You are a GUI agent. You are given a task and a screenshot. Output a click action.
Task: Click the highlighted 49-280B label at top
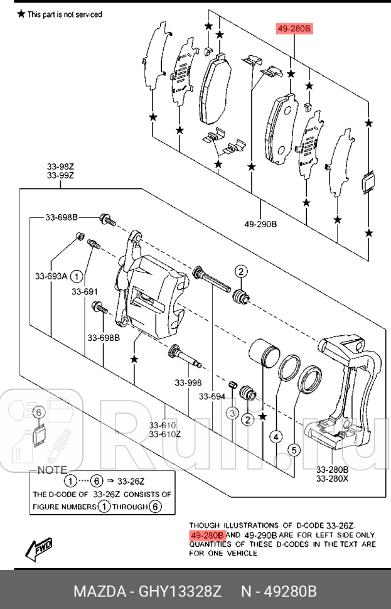pos(294,29)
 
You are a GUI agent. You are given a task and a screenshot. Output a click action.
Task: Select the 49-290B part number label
pos(260,224)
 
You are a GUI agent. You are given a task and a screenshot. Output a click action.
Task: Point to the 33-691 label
pos(84,291)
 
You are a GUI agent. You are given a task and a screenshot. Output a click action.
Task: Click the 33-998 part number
pos(188,382)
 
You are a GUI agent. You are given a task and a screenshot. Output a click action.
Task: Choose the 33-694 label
pos(212,396)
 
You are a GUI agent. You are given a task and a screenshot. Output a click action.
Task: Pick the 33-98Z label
pos(60,166)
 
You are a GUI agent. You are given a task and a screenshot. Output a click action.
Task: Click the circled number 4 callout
pos(277,436)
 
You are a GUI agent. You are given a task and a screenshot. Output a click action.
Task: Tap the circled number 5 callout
pos(292,450)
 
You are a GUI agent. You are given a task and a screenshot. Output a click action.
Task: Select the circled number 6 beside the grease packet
pos(38,412)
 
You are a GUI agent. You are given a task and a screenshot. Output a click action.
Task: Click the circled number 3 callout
pos(232,413)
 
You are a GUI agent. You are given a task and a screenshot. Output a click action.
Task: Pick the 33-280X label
pos(332,478)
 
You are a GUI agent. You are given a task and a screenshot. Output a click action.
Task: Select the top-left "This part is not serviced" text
pos(63,14)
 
